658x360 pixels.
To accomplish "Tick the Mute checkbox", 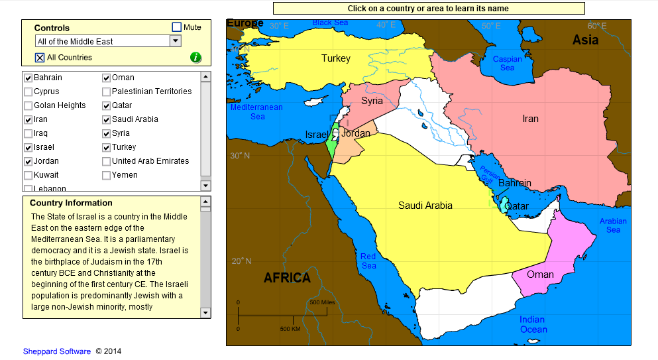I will click(x=177, y=27).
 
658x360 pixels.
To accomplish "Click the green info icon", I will click(x=195, y=57).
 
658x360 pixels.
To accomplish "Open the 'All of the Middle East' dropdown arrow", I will click(x=175, y=41).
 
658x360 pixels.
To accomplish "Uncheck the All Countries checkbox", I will click(x=40, y=58).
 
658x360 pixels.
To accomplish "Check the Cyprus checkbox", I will click(x=28, y=91).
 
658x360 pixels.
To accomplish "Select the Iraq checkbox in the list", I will click(x=28, y=133).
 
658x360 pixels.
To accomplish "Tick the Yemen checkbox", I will click(x=106, y=175).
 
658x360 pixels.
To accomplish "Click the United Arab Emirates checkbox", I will click(x=106, y=161).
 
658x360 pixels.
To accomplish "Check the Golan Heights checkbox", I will click(x=28, y=105).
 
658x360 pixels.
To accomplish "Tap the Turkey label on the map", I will click(x=336, y=58).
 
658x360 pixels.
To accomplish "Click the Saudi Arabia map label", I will click(x=425, y=206).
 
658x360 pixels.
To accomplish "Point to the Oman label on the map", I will click(x=540, y=274).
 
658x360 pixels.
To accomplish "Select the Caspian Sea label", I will click(x=507, y=64).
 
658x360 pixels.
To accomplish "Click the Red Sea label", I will click(x=368, y=261).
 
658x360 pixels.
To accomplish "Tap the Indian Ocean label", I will click(x=533, y=325).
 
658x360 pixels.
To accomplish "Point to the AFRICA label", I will click(x=287, y=278).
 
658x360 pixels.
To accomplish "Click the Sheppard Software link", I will click(x=56, y=351).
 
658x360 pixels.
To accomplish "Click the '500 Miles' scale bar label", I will click(x=323, y=302).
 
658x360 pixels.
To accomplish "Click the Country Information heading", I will click(x=71, y=203).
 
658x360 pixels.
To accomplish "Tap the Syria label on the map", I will click(x=372, y=101).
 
